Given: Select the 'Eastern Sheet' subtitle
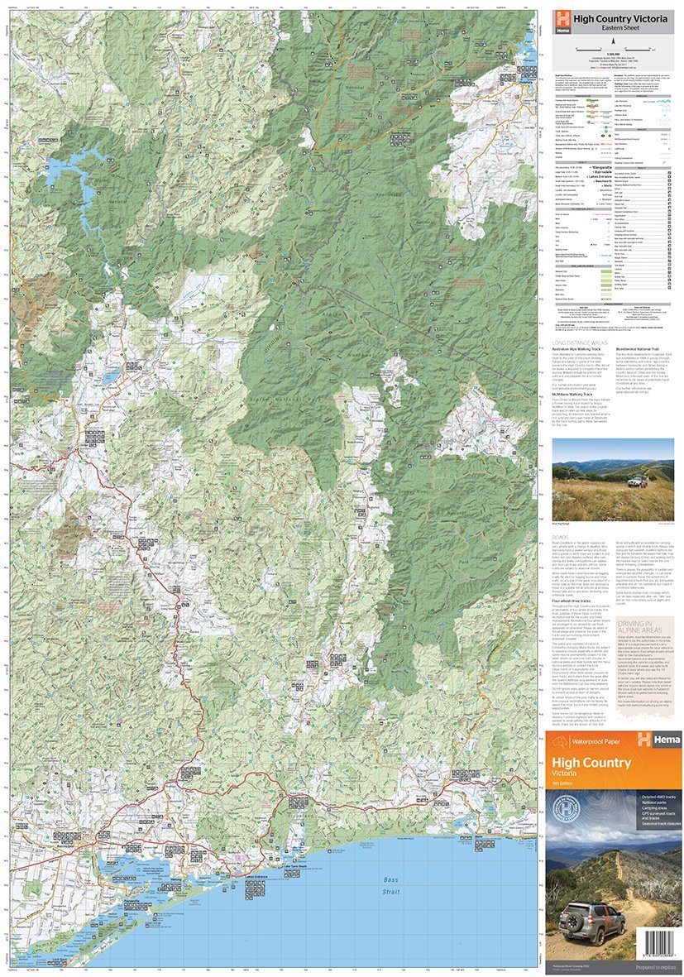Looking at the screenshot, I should (x=611, y=28).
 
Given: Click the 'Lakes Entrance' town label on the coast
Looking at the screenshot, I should (x=258, y=875).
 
